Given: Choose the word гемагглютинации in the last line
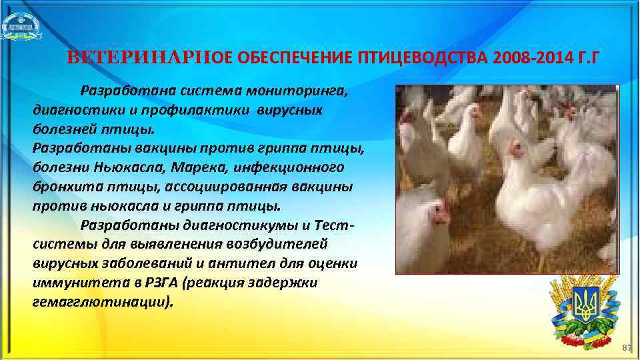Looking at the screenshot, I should [x=101, y=301].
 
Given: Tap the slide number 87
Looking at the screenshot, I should [x=625, y=348].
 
